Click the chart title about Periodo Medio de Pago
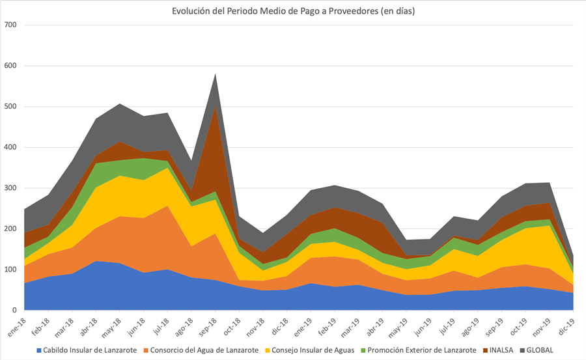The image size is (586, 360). click(x=293, y=11)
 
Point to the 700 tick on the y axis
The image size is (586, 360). click(x=11, y=25)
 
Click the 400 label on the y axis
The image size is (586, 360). click(x=11, y=148)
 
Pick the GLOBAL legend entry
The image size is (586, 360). click(x=539, y=350)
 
